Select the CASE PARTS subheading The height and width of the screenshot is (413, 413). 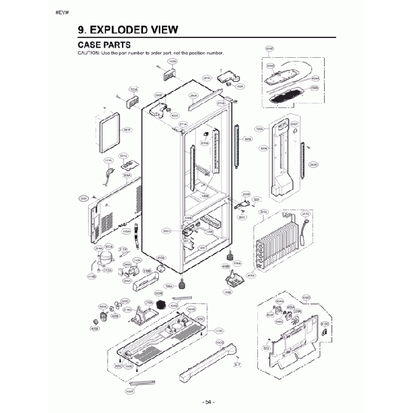click(x=104, y=45)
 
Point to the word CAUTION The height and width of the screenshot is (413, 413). click(x=88, y=53)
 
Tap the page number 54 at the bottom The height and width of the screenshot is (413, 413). click(x=208, y=401)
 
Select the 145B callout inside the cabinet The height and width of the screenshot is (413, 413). click(x=205, y=196)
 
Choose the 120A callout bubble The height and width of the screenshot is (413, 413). click(x=259, y=128)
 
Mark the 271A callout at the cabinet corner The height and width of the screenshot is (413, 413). click(x=183, y=124)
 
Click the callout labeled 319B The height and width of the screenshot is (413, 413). click(x=147, y=270)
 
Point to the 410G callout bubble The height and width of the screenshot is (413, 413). click(x=161, y=257)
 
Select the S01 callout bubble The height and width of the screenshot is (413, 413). click(x=257, y=200)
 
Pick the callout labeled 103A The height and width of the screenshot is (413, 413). click(x=133, y=90)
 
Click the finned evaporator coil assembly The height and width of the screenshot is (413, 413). click(x=278, y=245)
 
